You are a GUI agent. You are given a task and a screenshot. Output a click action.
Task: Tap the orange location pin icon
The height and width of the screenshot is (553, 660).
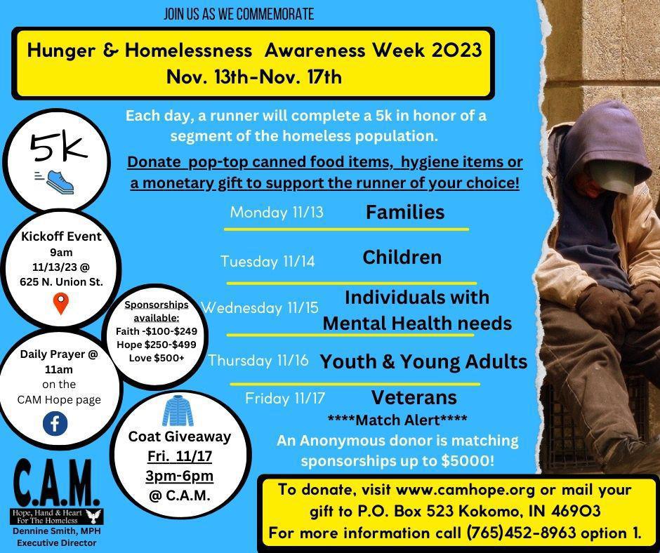click(x=62, y=303)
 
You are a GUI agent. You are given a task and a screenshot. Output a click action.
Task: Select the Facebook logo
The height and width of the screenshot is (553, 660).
click(x=55, y=423)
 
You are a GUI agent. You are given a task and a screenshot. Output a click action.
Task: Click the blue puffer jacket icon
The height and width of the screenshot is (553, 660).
click(x=178, y=411)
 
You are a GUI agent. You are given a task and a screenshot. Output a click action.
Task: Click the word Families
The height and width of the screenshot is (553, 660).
click(x=405, y=212)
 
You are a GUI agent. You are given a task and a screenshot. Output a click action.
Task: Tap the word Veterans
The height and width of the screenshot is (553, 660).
click(x=414, y=397)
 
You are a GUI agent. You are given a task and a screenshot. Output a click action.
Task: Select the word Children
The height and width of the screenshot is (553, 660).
click(x=402, y=257)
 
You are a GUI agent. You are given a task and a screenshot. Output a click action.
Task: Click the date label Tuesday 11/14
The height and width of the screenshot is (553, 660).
click(x=268, y=261)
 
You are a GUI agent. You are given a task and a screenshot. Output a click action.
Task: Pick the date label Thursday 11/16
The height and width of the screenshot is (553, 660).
click(x=258, y=360)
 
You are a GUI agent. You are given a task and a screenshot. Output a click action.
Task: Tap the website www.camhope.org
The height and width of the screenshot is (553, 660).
click(x=466, y=490)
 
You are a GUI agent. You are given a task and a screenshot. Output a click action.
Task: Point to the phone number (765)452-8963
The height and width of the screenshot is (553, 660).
click(x=521, y=533)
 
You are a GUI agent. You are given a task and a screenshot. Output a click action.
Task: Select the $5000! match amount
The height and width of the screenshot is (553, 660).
click(x=468, y=460)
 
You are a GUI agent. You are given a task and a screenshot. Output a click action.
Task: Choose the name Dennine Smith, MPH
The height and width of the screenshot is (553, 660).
click(x=56, y=531)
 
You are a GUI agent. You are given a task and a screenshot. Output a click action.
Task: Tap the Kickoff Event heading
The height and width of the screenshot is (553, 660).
click(x=62, y=236)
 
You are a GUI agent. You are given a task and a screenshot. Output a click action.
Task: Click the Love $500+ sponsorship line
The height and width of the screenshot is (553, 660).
click(x=157, y=358)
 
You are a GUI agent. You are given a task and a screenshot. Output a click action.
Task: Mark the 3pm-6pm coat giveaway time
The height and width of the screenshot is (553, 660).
click(x=179, y=476)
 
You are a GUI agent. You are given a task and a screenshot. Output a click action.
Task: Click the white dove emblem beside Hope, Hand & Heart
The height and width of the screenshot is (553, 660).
click(x=93, y=516)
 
